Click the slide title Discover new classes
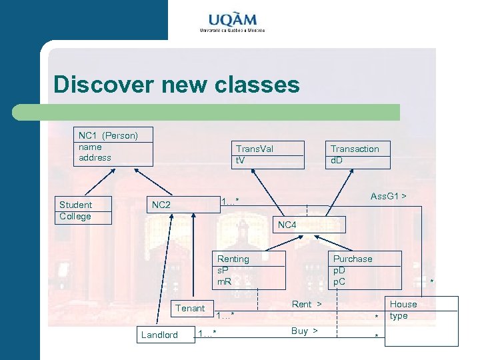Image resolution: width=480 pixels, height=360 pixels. [x=177, y=85]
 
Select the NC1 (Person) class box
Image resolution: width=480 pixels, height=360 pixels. [x=113, y=146]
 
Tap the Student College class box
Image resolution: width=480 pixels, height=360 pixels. [x=83, y=211]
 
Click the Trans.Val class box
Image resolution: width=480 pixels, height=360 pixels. [x=266, y=155]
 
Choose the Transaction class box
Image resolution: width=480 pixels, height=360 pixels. [x=357, y=155]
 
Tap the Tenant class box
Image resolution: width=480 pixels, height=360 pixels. [x=191, y=308]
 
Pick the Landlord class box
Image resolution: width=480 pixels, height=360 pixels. [x=160, y=335]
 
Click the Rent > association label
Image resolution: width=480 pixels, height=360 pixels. [x=307, y=304]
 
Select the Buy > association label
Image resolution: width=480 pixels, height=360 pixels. [x=304, y=331]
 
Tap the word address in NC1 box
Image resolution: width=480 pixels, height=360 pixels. [x=95, y=158]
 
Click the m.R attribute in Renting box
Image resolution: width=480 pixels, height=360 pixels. [x=225, y=282]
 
